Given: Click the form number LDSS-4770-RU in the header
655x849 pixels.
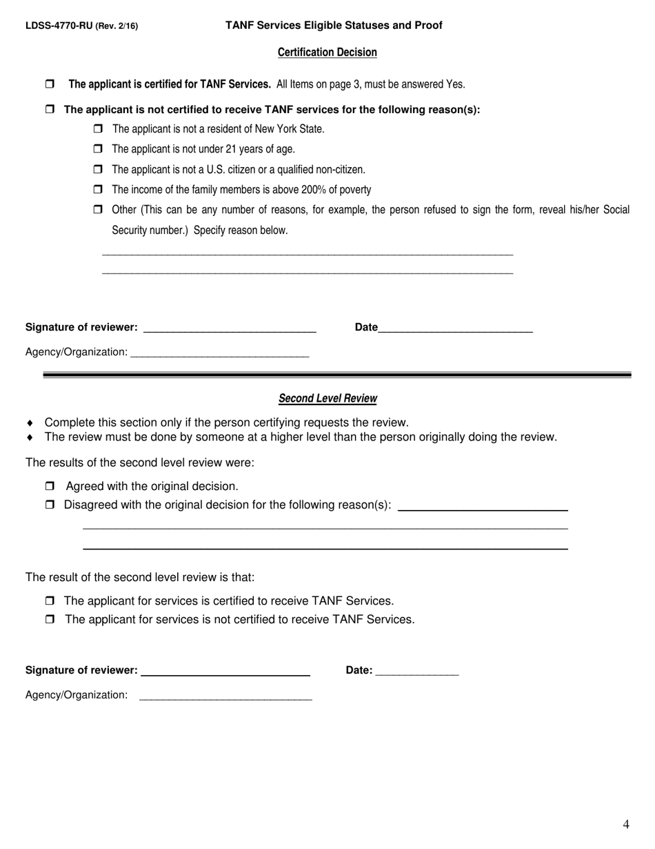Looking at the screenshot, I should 59,26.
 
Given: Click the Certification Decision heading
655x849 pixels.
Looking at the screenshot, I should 327,52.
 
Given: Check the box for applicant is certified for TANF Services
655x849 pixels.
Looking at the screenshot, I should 50,84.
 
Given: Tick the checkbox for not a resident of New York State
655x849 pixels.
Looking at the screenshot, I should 97,128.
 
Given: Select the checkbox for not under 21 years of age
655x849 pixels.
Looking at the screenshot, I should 97,148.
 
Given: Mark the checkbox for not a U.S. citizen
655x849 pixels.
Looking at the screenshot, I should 97,169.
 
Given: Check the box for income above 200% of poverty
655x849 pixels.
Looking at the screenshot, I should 97,189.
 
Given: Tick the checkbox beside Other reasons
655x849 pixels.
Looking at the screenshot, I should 97,209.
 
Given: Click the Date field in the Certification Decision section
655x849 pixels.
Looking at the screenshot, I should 455,327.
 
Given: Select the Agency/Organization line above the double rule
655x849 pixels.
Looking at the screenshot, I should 219,352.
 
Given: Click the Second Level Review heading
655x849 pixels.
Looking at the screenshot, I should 327,398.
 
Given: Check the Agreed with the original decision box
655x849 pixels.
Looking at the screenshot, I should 50,486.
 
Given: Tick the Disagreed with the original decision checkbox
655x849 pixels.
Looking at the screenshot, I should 50,505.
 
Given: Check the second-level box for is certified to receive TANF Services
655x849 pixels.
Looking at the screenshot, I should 50,601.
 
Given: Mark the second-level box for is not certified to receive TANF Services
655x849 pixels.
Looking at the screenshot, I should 50,619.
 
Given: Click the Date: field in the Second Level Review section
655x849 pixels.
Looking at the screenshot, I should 418,670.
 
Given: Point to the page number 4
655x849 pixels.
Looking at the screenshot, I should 626,823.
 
